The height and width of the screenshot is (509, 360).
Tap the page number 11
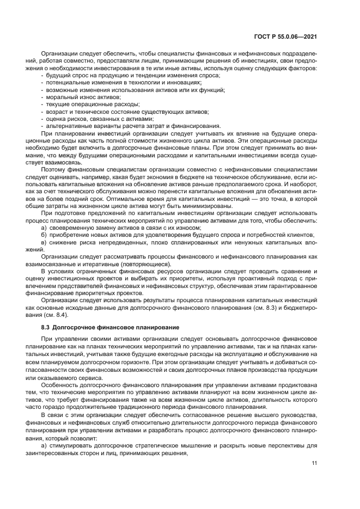[314, 463]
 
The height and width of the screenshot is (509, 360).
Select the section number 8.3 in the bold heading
[46, 327]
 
